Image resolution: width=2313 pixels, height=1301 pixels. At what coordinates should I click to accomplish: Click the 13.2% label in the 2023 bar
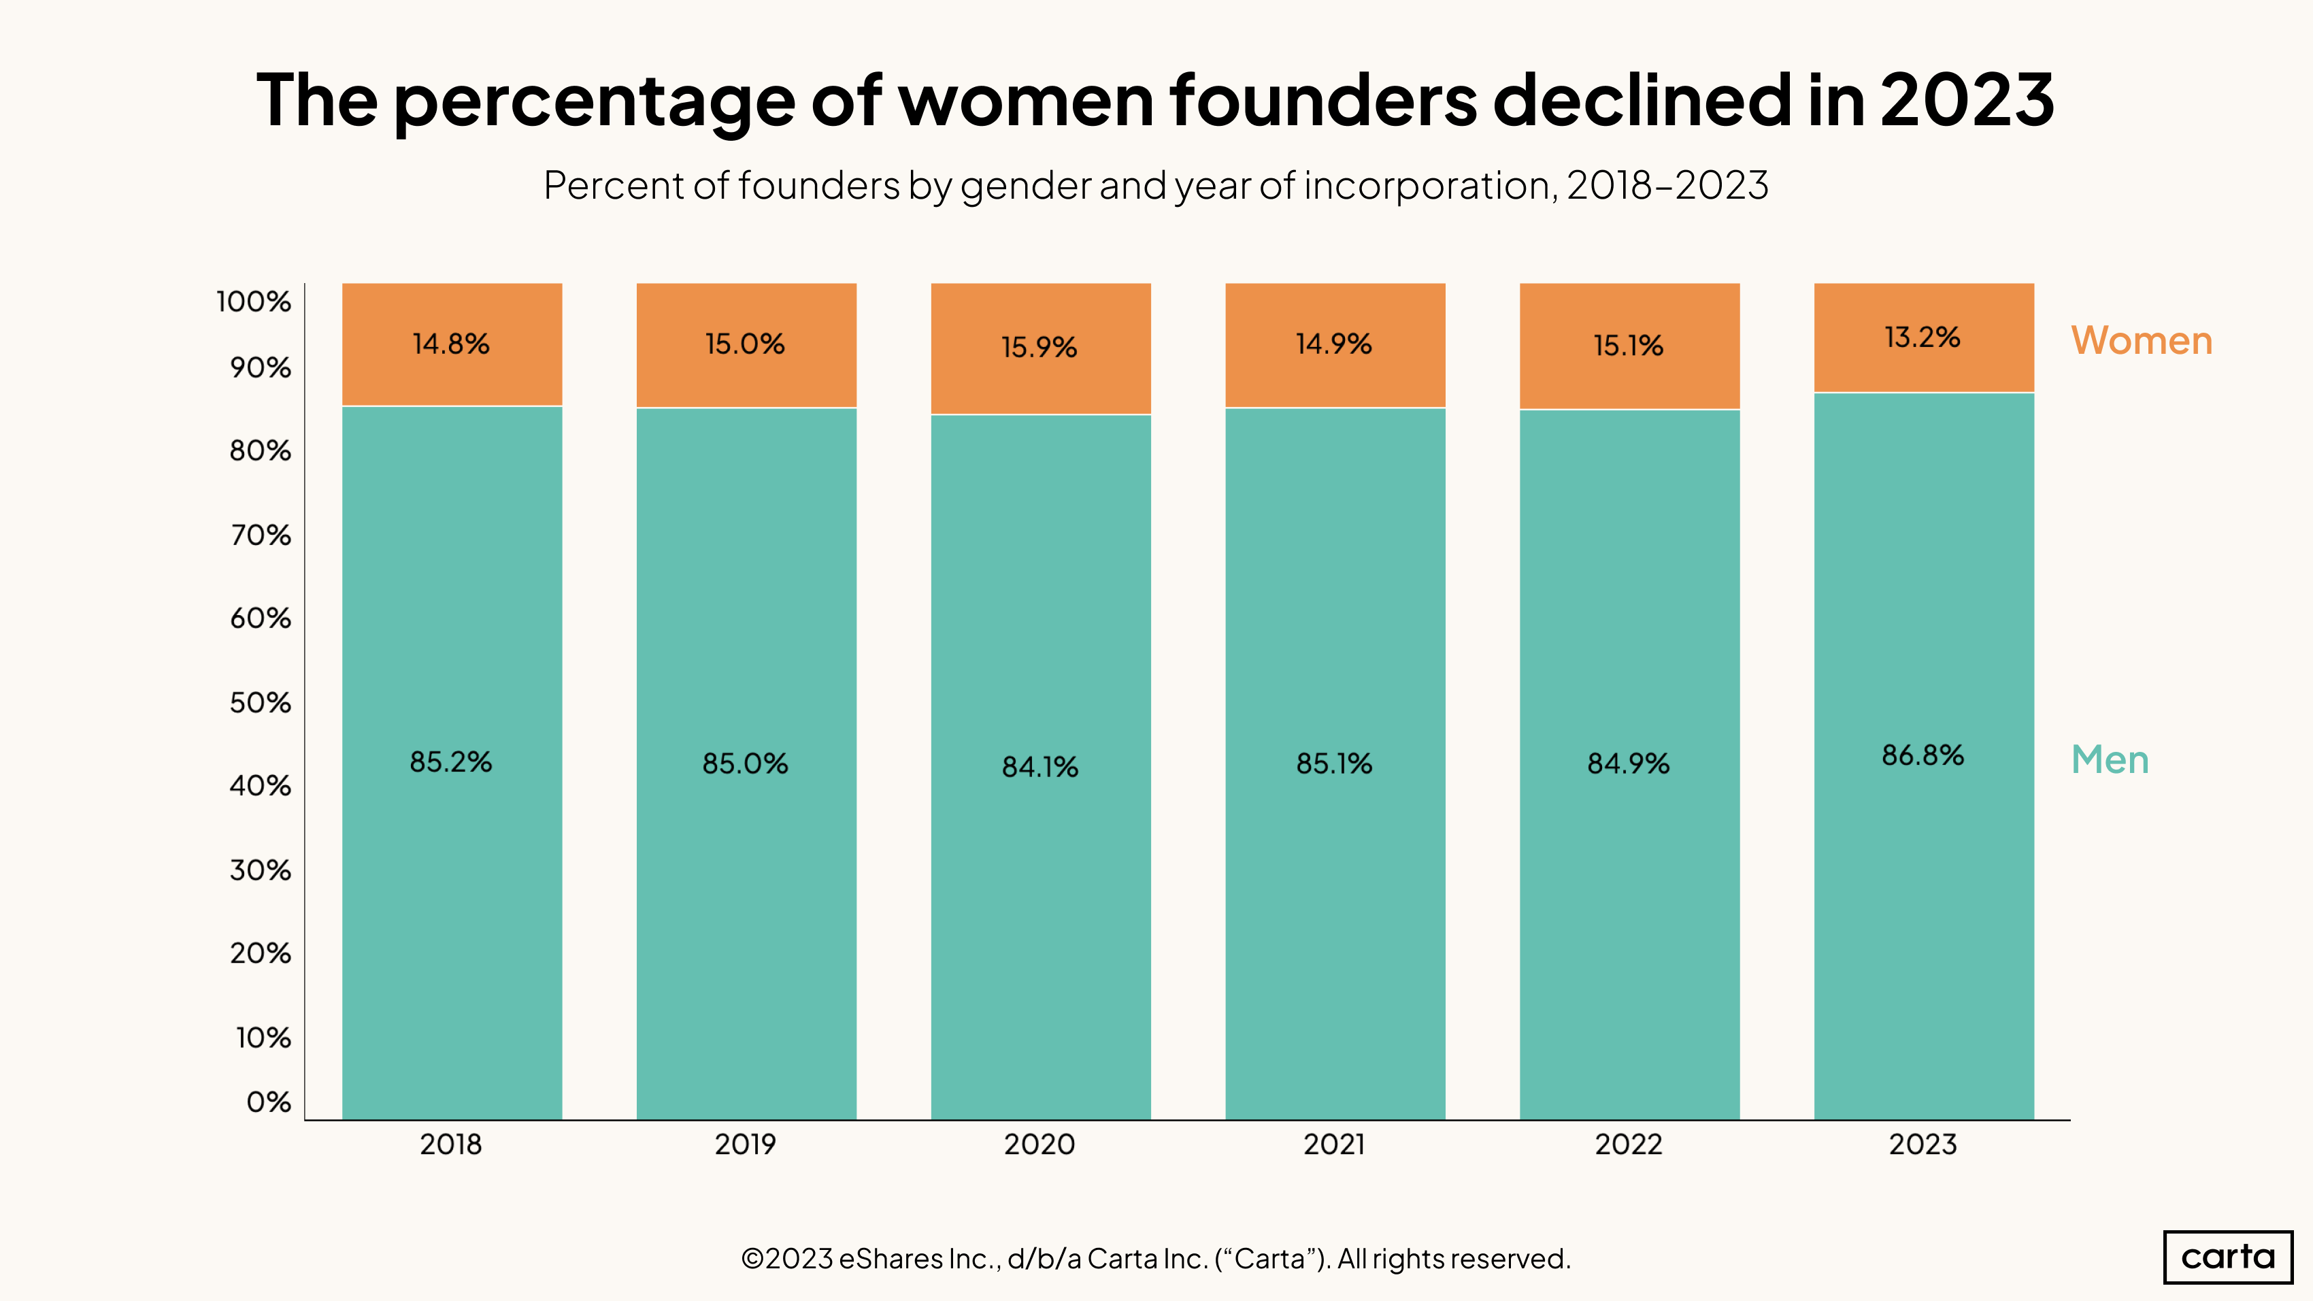pyautogui.click(x=1922, y=337)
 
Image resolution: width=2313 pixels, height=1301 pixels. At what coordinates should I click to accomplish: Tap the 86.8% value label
pyautogui.click(x=1923, y=755)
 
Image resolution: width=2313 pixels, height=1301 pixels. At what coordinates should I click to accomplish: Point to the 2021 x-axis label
pyautogui.click(x=1334, y=1144)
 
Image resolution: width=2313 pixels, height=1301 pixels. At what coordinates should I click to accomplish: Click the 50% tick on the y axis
pyautogui.click(x=261, y=702)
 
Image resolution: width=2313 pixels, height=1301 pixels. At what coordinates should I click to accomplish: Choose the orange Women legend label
pyautogui.click(x=2142, y=341)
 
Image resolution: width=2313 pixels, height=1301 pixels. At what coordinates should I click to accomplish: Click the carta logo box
pyautogui.click(x=2228, y=1256)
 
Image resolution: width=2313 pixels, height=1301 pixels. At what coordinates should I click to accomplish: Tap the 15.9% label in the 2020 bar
pyautogui.click(x=1039, y=348)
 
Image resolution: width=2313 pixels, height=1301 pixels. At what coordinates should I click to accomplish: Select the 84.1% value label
pyautogui.click(x=1039, y=767)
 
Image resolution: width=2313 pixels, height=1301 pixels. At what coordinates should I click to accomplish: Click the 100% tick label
pyautogui.click(x=254, y=301)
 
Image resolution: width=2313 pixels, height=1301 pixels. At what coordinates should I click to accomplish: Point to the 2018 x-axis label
pyautogui.click(x=451, y=1144)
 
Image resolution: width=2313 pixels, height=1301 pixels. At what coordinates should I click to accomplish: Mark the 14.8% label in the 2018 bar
pyautogui.click(x=451, y=344)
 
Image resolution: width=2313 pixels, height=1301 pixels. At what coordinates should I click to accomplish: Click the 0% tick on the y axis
pyautogui.click(x=269, y=1102)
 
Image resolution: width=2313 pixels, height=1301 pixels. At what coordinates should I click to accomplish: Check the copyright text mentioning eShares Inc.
pyautogui.click(x=1156, y=1259)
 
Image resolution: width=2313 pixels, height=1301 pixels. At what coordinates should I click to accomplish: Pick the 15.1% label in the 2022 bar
pyautogui.click(x=1628, y=346)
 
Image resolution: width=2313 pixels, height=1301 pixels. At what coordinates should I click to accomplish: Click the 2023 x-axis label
pyautogui.click(x=1923, y=1144)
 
